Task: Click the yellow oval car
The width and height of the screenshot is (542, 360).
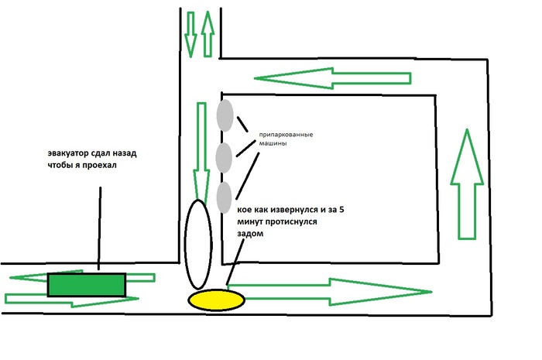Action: tap(216, 300)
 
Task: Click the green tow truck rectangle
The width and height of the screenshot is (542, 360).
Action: tap(87, 285)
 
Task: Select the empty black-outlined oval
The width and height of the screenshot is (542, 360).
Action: tap(198, 245)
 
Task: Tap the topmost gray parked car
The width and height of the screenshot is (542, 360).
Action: tap(225, 115)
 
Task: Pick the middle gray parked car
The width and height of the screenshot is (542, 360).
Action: tap(224, 157)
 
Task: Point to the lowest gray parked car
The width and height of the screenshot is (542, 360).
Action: tap(224, 197)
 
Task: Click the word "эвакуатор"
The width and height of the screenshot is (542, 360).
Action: tap(68, 153)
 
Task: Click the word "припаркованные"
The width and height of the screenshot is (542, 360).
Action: tap(286, 135)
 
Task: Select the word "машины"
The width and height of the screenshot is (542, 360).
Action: tap(273, 143)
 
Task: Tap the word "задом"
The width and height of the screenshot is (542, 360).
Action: tap(250, 234)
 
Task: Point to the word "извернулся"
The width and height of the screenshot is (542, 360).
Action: tap(296, 210)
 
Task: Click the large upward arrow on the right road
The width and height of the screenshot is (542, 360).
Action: tap(467, 184)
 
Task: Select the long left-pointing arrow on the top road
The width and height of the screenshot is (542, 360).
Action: tap(332, 78)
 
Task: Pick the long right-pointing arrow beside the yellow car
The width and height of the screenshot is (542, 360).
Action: tap(329, 292)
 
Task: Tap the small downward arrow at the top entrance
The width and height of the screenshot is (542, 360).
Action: tap(190, 35)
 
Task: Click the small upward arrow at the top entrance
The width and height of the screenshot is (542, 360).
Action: tap(208, 34)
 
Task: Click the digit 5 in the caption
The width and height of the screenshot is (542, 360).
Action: tap(341, 209)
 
